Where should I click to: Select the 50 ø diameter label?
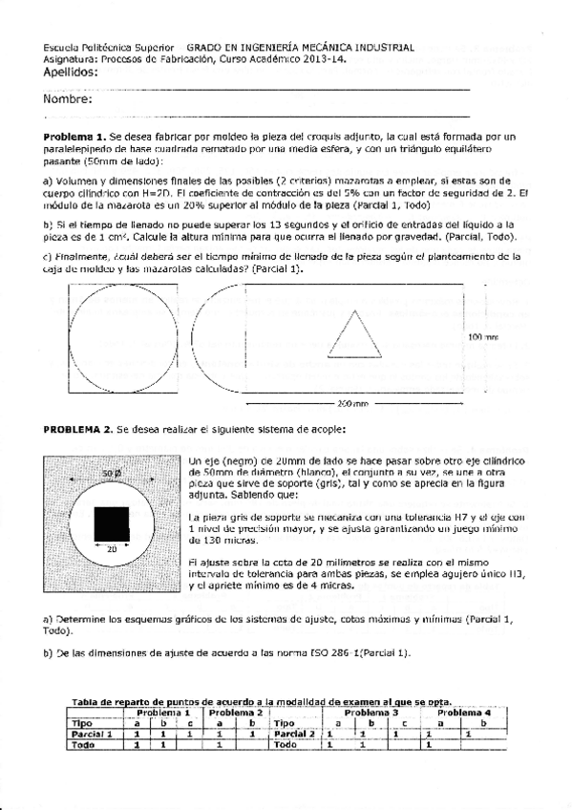click(111, 473)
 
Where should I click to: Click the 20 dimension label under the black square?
click(112, 549)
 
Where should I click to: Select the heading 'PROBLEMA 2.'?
click(78, 429)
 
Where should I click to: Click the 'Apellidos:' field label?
click(71, 72)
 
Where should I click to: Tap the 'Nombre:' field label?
click(67, 99)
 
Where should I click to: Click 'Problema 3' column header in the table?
click(371, 714)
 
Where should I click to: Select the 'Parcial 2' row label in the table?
click(292, 734)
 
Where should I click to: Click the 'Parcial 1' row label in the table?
click(94, 734)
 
